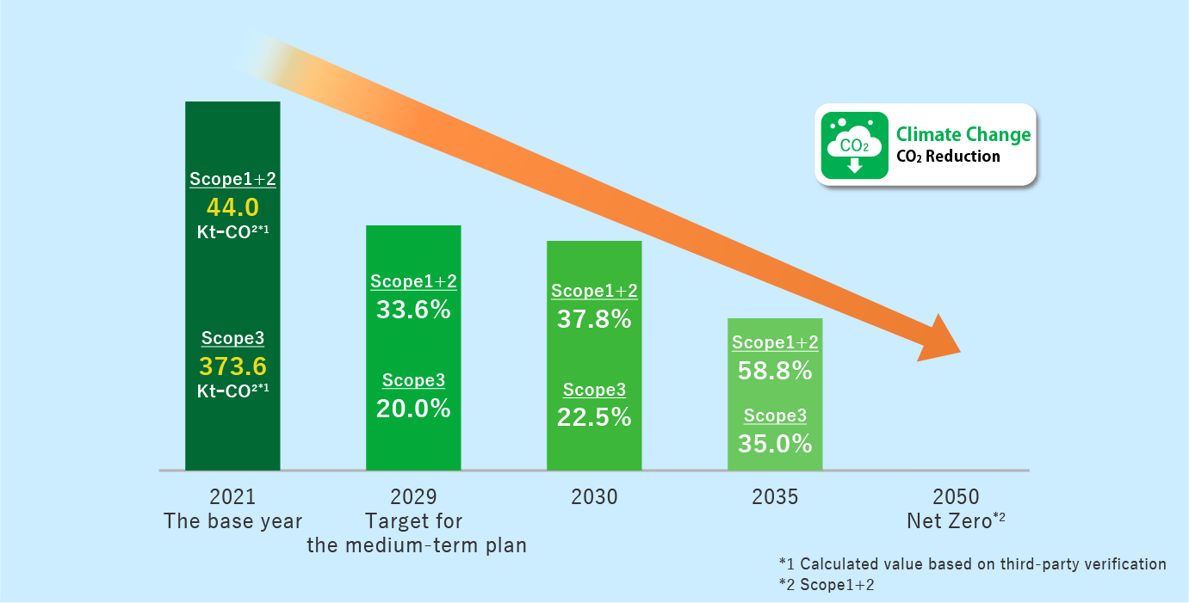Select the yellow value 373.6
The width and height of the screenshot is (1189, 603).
[232, 366]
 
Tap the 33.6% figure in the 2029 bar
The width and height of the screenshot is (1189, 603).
[413, 310]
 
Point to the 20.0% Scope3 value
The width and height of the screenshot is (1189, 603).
[413, 409]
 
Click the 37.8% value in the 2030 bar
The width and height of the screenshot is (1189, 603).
[594, 320]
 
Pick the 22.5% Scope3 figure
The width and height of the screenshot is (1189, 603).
[594, 417]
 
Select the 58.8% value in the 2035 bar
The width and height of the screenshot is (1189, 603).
[775, 371]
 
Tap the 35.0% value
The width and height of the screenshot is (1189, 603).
[775, 444]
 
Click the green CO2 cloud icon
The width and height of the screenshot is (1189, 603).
[854, 145]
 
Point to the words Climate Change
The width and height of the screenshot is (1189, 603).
[963, 134]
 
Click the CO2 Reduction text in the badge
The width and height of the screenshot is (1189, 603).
[948, 157]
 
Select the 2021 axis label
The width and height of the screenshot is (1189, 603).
[232, 497]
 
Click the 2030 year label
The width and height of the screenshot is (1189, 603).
[594, 497]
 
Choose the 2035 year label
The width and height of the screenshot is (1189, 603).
[775, 497]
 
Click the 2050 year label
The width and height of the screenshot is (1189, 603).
[956, 497]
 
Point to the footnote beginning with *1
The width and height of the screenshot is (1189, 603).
[972, 564]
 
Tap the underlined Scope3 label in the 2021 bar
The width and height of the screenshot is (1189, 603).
[232, 338]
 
